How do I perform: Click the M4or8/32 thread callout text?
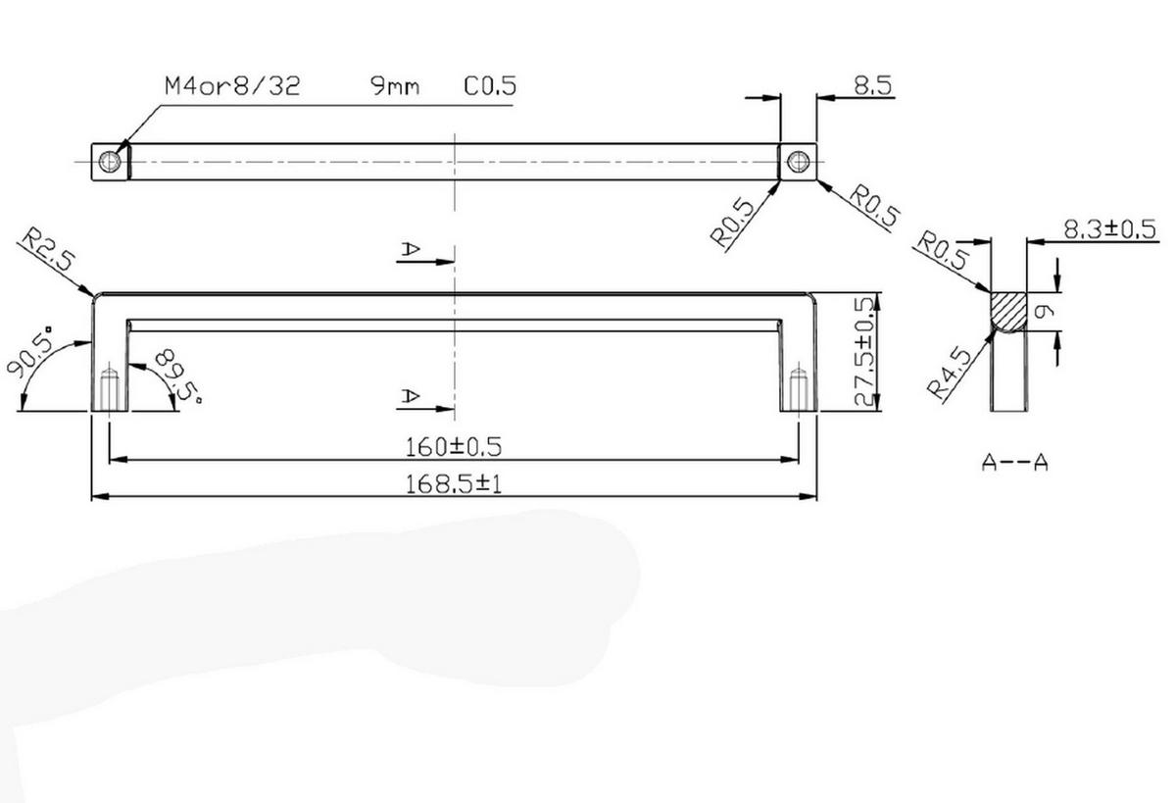coord(232,86)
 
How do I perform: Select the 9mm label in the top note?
coord(395,86)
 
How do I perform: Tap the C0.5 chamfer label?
coord(490,86)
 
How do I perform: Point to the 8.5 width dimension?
coord(873,85)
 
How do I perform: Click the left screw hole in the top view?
coord(110,162)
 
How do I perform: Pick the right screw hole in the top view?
coord(799,162)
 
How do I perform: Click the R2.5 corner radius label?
coord(48,249)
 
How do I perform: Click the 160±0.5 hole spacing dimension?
coord(454,447)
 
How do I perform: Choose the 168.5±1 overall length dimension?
coord(454,484)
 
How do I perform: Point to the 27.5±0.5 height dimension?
coord(865,352)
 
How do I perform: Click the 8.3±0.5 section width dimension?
coord(1109,229)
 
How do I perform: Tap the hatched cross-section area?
coord(1008,312)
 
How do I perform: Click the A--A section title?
coord(1014,463)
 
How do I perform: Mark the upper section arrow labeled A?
coord(425,254)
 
